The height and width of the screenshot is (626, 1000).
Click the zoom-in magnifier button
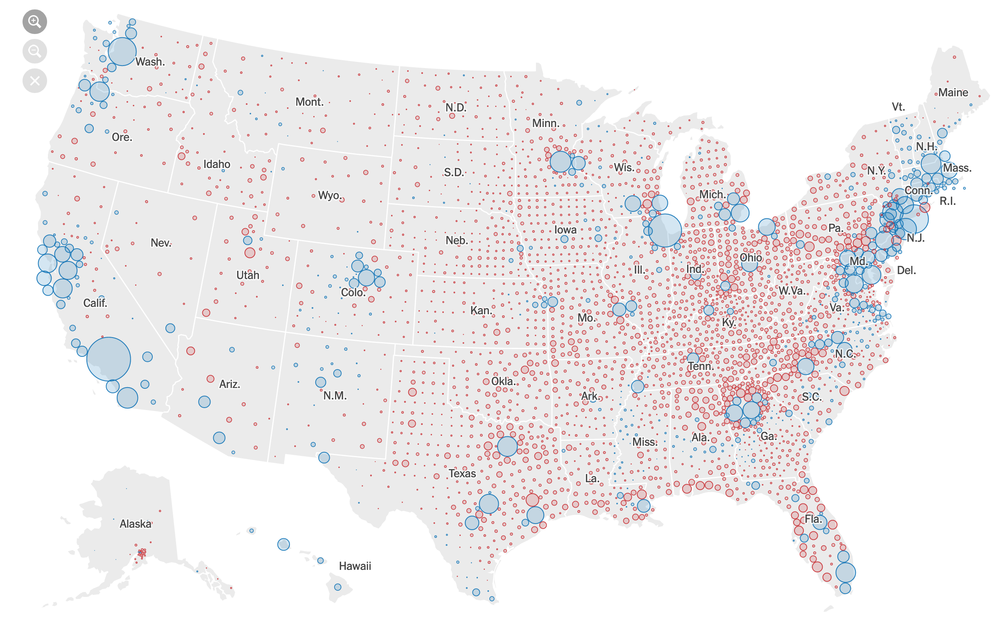coord(34,22)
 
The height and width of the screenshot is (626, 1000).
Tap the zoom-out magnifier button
coord(34,51)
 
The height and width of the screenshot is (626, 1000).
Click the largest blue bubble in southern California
coord(109,359)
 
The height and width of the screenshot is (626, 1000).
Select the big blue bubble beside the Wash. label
coord(122,52)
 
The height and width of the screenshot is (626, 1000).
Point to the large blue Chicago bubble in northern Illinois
coord(665,231)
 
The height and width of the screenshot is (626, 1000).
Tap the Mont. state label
coord(309,102)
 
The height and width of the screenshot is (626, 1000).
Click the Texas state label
coord(462,473)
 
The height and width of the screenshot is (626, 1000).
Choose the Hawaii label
coord(355,566)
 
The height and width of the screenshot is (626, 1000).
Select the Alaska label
coord(135,524)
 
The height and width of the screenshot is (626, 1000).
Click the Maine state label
coord(953,92)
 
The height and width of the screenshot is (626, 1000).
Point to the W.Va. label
coord(791,290)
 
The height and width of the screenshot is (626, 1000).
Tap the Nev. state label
coord(161,243)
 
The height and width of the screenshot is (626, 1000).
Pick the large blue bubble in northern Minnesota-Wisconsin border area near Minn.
coord(561,161)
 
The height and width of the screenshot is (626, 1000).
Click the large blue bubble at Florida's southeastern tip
coord(845,573)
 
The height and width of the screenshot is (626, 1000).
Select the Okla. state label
coord(503,381)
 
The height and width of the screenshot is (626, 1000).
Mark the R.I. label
coord(948,201)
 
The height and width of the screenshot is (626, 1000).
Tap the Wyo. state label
coord(329,195)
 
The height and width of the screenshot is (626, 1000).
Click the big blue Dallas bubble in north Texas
coord(507,446)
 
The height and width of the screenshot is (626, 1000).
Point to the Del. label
coord(906,270)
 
